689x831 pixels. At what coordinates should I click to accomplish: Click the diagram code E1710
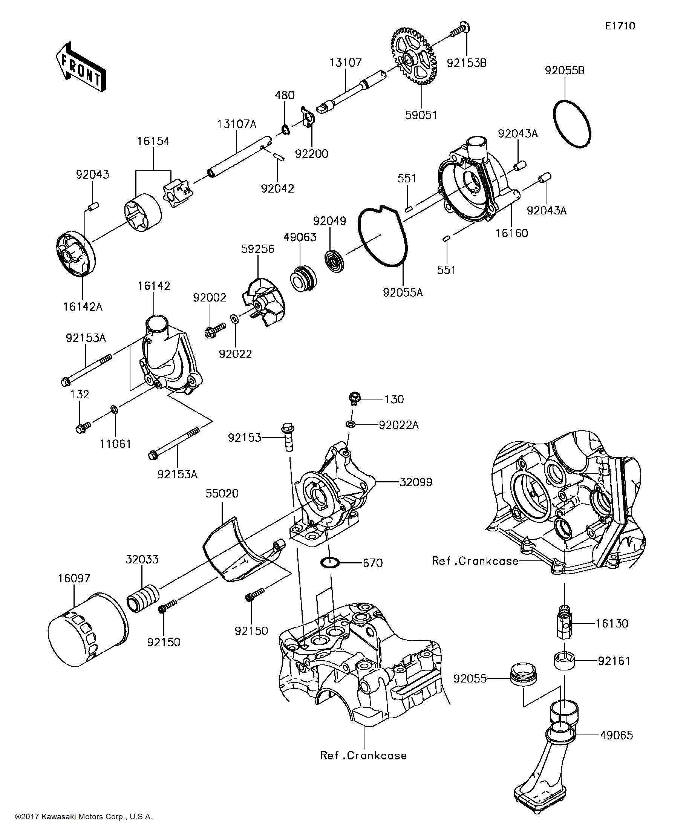[x=620, y=26]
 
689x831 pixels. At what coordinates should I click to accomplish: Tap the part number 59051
[x=421, y=115]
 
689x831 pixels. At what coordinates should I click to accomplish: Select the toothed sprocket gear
[x=414, y=56]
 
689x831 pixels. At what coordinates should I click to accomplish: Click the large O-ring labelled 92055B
[x=571, y=124]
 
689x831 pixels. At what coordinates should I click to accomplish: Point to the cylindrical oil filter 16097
[x=88, y=630]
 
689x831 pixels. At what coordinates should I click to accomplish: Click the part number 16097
[x=74, y=578]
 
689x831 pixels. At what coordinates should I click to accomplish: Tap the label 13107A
[x=237, y=124]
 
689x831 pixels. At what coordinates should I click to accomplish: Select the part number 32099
[x=416, y=482]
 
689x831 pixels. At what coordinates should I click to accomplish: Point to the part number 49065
[x=617, y=735]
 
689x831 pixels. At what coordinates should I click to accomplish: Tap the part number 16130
[x=612, y=624]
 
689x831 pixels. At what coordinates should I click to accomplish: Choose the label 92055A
[x=403, y=292]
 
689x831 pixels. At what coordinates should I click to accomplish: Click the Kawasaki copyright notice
[x=84, y=817]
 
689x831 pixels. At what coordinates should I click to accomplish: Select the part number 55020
[x=222, y=493]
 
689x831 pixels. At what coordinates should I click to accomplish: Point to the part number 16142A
[x=83, y=307]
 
